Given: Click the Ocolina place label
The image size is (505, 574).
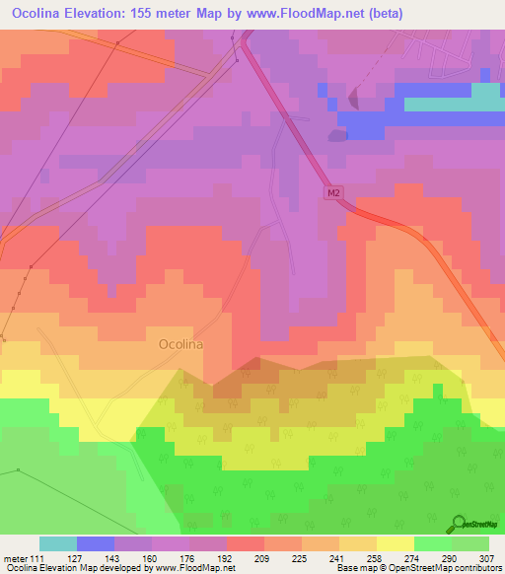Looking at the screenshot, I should click(x=180, y=344).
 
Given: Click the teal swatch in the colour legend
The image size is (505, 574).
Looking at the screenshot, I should click(x=58, y=543).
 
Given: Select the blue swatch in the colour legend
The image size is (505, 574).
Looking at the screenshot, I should click(x=96, y=543).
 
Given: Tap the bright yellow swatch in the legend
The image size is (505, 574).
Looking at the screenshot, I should click(x=396, y=543).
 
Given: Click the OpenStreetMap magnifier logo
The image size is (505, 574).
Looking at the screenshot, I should click(x=458, y=524).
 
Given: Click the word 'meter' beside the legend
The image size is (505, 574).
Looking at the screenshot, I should click(x=15, y=558).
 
